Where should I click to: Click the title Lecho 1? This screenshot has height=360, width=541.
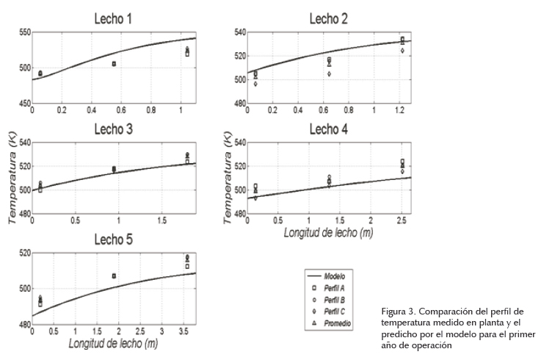(113, 19)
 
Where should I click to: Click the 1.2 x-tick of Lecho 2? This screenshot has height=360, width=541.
(401, 109)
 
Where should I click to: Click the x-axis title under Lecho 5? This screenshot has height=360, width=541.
(113, 344)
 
